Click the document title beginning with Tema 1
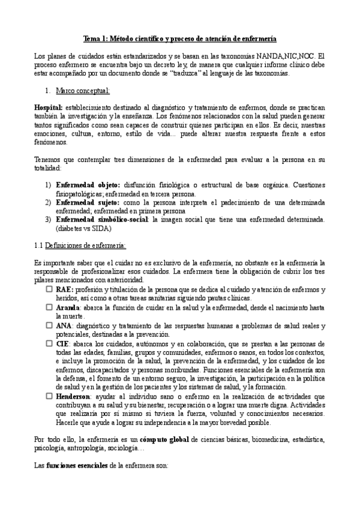coord(179,38)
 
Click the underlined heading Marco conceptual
coord(82,91)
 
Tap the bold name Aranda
coord(68,307)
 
